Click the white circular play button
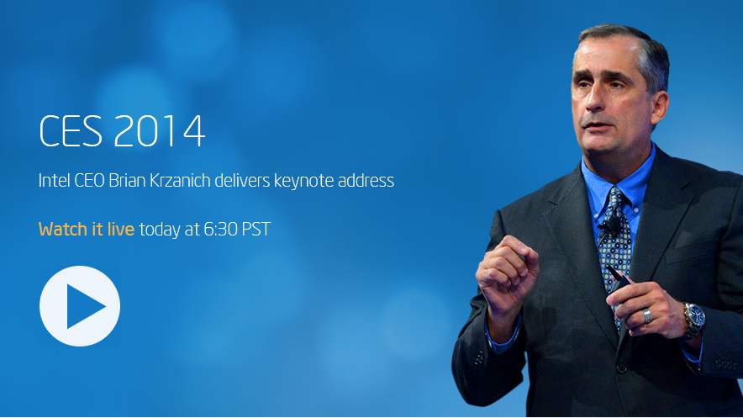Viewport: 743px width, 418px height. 80,306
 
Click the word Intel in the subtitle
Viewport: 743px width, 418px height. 54,181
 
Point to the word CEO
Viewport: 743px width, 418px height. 89,181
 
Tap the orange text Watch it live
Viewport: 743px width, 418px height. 87,229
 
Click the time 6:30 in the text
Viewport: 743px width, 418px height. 221,229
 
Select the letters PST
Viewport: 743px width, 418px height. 256,229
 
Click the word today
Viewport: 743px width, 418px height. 160,229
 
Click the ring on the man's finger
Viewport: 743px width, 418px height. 646,315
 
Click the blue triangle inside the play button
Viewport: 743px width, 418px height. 83,306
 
